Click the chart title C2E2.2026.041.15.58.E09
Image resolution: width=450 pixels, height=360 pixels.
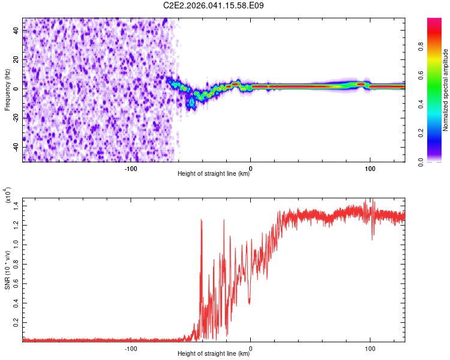click(x=214, y=5)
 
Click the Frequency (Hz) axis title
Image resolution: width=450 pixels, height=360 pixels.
click(x=7, y=90)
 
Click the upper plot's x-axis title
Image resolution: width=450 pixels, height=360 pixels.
click(x=214, y=174)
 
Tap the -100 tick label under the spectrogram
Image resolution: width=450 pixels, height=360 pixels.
click(x=131, y=168)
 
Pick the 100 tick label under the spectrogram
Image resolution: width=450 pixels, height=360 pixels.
click(x=370, y=168)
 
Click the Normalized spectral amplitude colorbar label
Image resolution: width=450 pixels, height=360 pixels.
click(x=446, y=90)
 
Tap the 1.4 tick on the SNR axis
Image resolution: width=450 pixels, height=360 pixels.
click(x=16, y=206)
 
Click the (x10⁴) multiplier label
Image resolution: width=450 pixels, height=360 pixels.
click(x=7, y=196)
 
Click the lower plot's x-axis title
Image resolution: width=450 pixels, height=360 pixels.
click(x=214, y=354)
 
